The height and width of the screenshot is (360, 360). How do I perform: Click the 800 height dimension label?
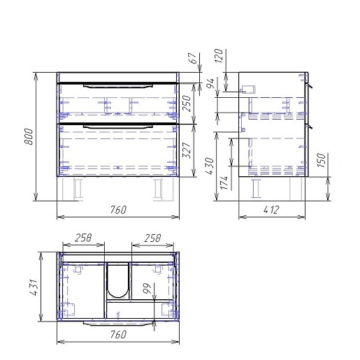[29, 136]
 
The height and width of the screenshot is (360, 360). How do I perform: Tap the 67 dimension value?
[192, 58]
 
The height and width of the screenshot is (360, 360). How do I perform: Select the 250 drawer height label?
[187, 103]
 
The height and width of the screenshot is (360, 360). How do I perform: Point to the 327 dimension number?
[187, 150]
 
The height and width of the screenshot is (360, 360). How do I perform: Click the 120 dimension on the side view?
[219, 55]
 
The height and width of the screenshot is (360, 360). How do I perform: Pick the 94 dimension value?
[210, 84]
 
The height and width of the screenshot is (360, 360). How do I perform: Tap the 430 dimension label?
[210, 166]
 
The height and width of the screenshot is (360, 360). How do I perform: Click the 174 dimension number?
[224, 182]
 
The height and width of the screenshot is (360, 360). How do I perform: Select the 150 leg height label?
[321, 160]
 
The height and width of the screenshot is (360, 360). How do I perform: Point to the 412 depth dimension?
[271, 210]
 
